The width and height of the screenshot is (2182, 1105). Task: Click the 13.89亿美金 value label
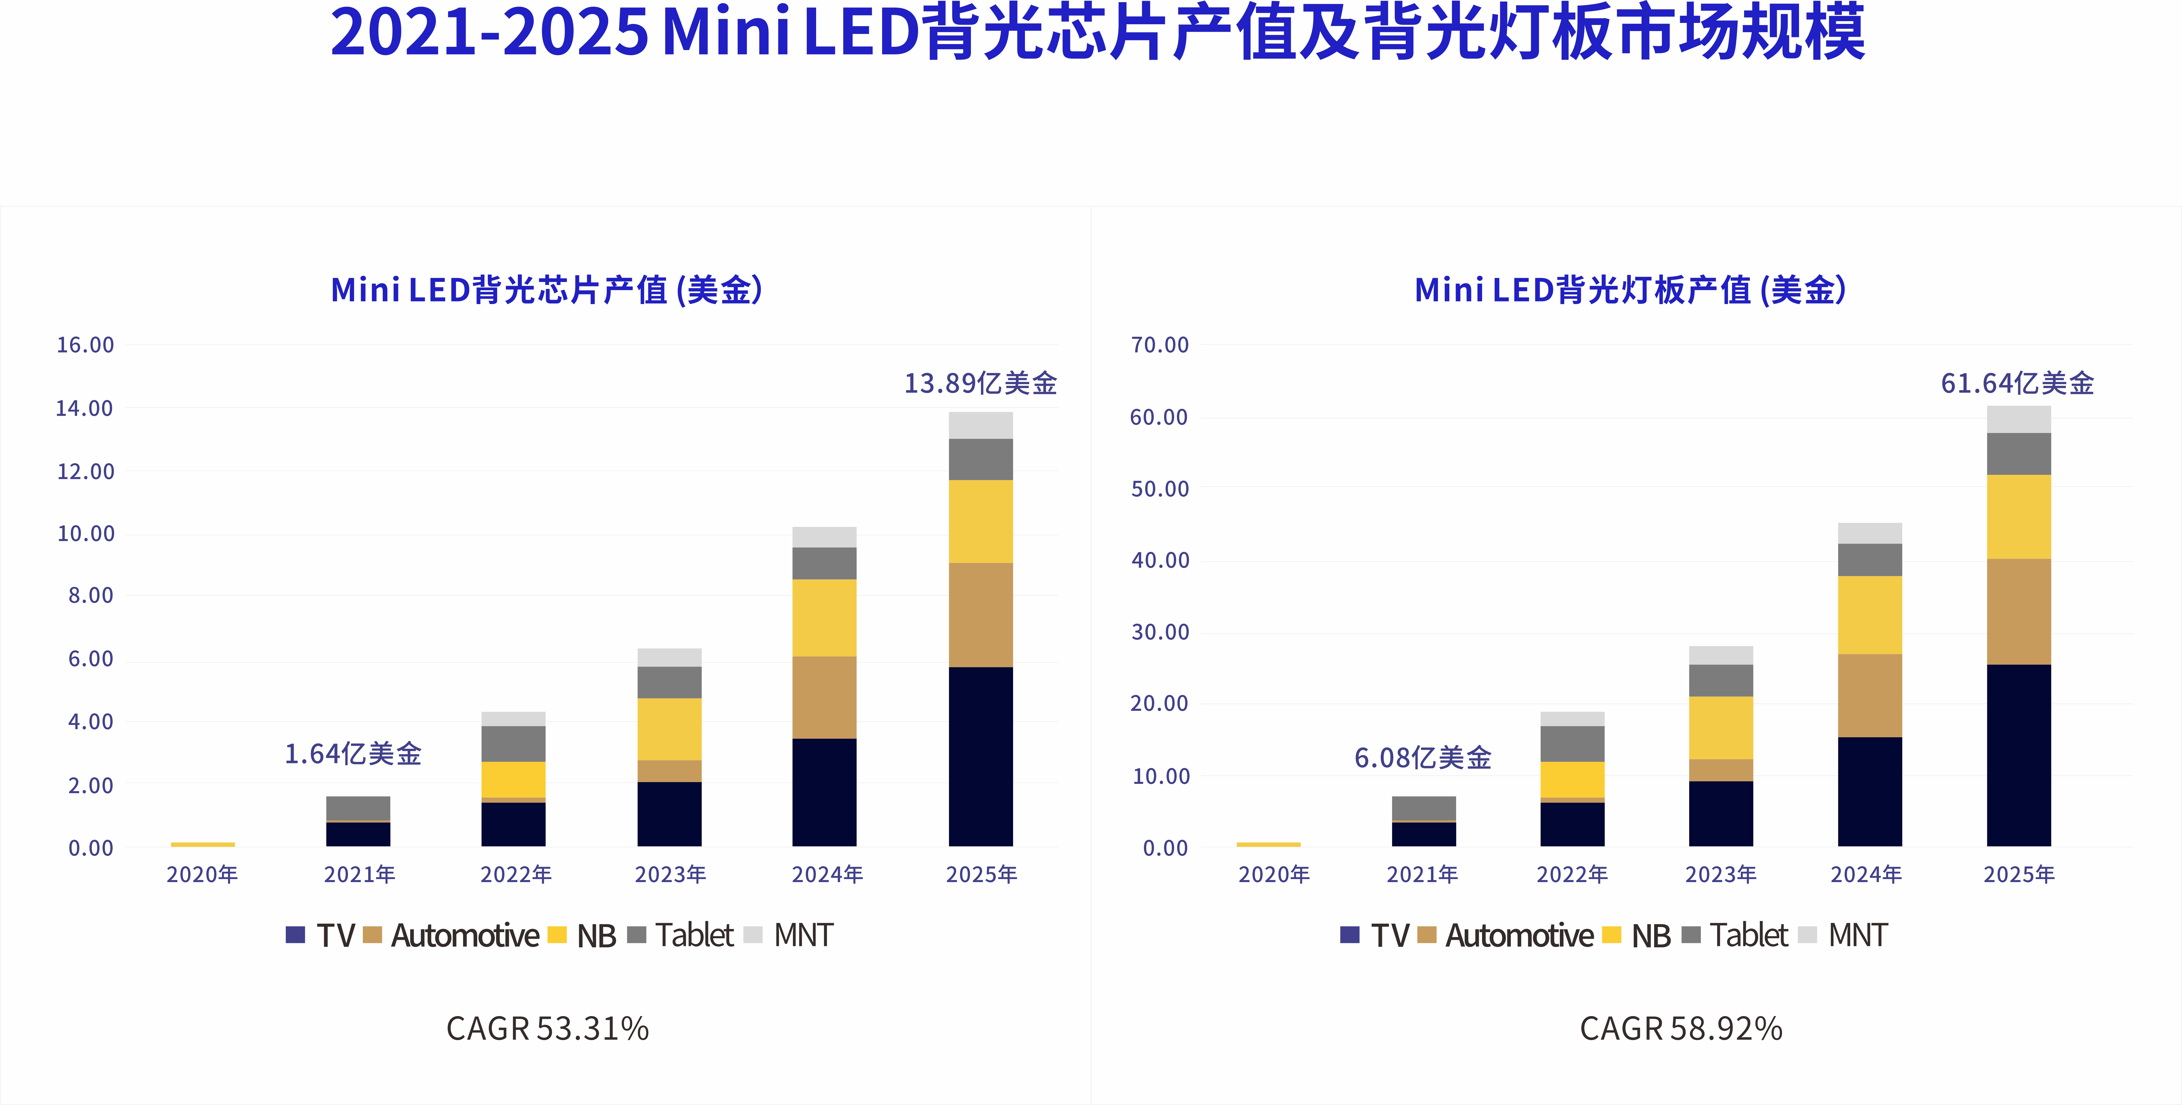pyautogui.click(x=980, y=384)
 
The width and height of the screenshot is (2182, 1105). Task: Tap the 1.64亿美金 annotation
pyautogui.click(x=352, y=754)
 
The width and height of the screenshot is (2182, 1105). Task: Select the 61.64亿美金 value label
pyautogui.click(x=2017, y=384)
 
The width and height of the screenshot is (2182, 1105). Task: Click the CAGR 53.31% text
pyautogui.click(x=547, y=1029)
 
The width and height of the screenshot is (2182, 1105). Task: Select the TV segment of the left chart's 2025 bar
pyautogui.click(x=980, y=756)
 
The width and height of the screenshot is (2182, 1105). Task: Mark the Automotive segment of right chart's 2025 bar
pyautogui.click(x=2018, y=611)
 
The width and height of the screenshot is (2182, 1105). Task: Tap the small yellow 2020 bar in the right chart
pyautogui.click(x=1268, y=844)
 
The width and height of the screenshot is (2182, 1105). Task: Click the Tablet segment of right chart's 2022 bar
pyautogui.click(x=1572, y=744)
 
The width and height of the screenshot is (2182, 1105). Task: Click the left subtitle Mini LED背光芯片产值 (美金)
pyautogui.click(x=546, y=290)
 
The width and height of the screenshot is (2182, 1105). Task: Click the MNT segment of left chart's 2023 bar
pyautogui.click(x=669, y=657)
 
